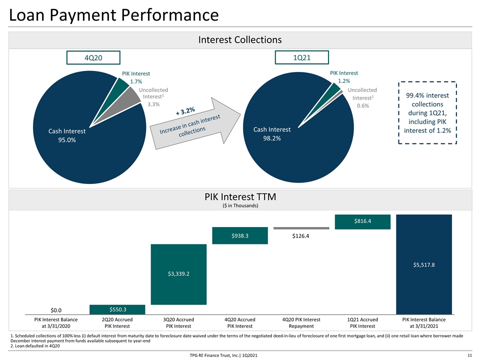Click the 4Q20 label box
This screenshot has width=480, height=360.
pos(93,57)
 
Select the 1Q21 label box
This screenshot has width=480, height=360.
pos(302,57)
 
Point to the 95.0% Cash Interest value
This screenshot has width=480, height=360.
pos(67,140)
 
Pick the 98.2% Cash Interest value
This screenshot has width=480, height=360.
pos(272,138)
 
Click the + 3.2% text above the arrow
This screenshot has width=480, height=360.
pos(185,111)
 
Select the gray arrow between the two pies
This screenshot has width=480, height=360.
pos(195,124)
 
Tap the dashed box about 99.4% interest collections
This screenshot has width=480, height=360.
pos(427,112)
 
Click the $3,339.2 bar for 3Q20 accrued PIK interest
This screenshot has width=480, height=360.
pos(179,274)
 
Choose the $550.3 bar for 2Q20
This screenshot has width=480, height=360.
pos(117,309)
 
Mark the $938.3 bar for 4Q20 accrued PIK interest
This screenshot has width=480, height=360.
pos(240,235)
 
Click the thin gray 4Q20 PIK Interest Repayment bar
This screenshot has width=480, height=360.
pos(301,228)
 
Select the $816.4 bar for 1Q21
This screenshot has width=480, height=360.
pos(363,222)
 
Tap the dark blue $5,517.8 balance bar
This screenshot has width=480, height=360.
pos(424,264)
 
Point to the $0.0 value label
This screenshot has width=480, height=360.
pos(56,310)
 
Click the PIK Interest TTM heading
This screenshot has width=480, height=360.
pos(240,196)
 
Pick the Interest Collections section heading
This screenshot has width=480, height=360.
pos(240,39)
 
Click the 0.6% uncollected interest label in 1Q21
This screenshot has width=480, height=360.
pos(363,105)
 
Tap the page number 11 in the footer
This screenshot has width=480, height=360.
pos(469,355)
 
